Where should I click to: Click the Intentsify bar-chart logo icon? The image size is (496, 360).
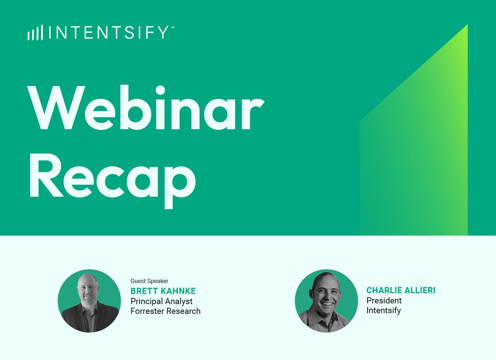[35, 33]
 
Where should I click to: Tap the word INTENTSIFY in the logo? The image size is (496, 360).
[108, 33]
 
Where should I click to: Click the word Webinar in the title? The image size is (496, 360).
[146, 107]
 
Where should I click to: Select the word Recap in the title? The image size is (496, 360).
[113, 181]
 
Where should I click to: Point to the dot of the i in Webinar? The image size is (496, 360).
[160, 90]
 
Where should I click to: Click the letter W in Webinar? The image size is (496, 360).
[56, 108]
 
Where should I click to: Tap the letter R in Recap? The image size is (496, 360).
[47, 175]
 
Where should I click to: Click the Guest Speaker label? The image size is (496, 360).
[149, 281]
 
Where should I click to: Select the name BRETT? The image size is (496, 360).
[144, 291]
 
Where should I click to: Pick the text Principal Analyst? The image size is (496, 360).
[161, 301]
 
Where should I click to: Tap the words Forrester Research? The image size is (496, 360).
[165, 311]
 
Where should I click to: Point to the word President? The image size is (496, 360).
[384, 300]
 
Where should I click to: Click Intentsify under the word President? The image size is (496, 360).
[384, 310]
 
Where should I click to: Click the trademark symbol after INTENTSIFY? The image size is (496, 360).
[172, 28]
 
